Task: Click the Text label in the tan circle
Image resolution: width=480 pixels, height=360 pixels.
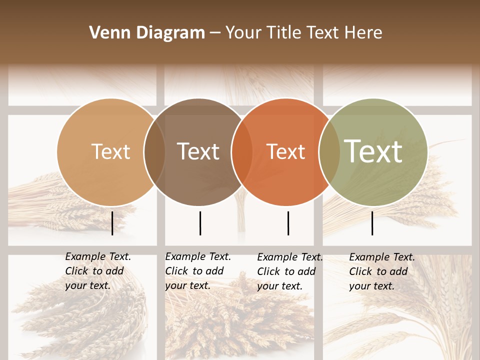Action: (110, 151)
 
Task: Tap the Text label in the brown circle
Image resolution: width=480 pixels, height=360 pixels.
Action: (198, 151)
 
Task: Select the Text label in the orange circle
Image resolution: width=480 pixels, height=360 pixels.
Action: (285, 151)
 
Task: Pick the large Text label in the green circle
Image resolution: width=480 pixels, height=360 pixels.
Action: (373, 151)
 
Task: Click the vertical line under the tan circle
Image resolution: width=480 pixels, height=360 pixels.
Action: (112, 223)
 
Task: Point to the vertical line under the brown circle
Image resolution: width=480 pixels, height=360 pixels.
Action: (200, 223)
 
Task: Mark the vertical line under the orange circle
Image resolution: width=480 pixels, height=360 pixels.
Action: (288, 223)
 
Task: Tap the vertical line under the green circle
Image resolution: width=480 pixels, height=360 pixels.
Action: (372, 223)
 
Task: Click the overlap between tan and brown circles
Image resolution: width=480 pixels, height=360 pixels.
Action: (154, 152)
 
